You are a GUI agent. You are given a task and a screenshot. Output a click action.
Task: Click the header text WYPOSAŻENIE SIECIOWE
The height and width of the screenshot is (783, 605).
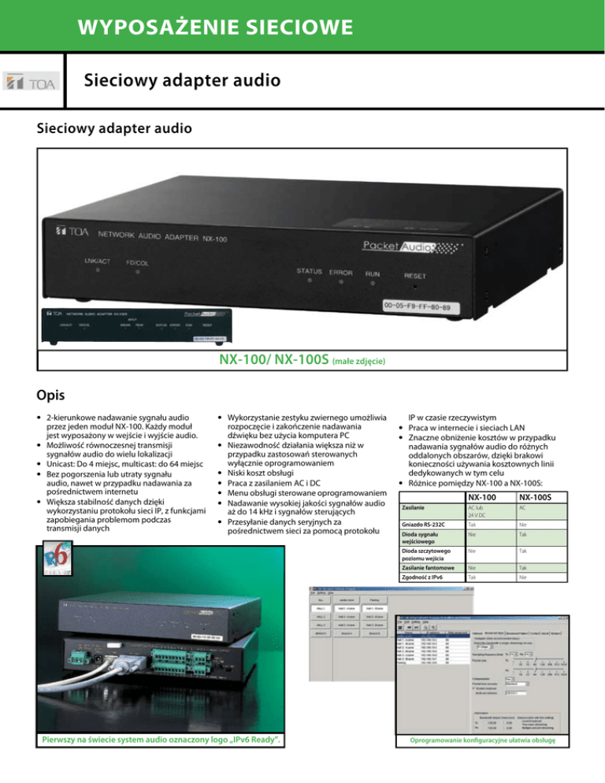[x=213, y=29]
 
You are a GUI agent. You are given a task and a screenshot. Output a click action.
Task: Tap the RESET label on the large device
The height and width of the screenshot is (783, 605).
[x=421, y=276]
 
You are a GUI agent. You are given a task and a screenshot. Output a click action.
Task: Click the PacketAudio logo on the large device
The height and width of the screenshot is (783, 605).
[x=403, y=246]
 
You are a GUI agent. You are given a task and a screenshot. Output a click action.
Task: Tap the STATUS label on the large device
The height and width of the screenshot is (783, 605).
[x=309, y=271]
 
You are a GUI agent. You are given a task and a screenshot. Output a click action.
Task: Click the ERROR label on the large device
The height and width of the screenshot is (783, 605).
[x=340, y=273]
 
